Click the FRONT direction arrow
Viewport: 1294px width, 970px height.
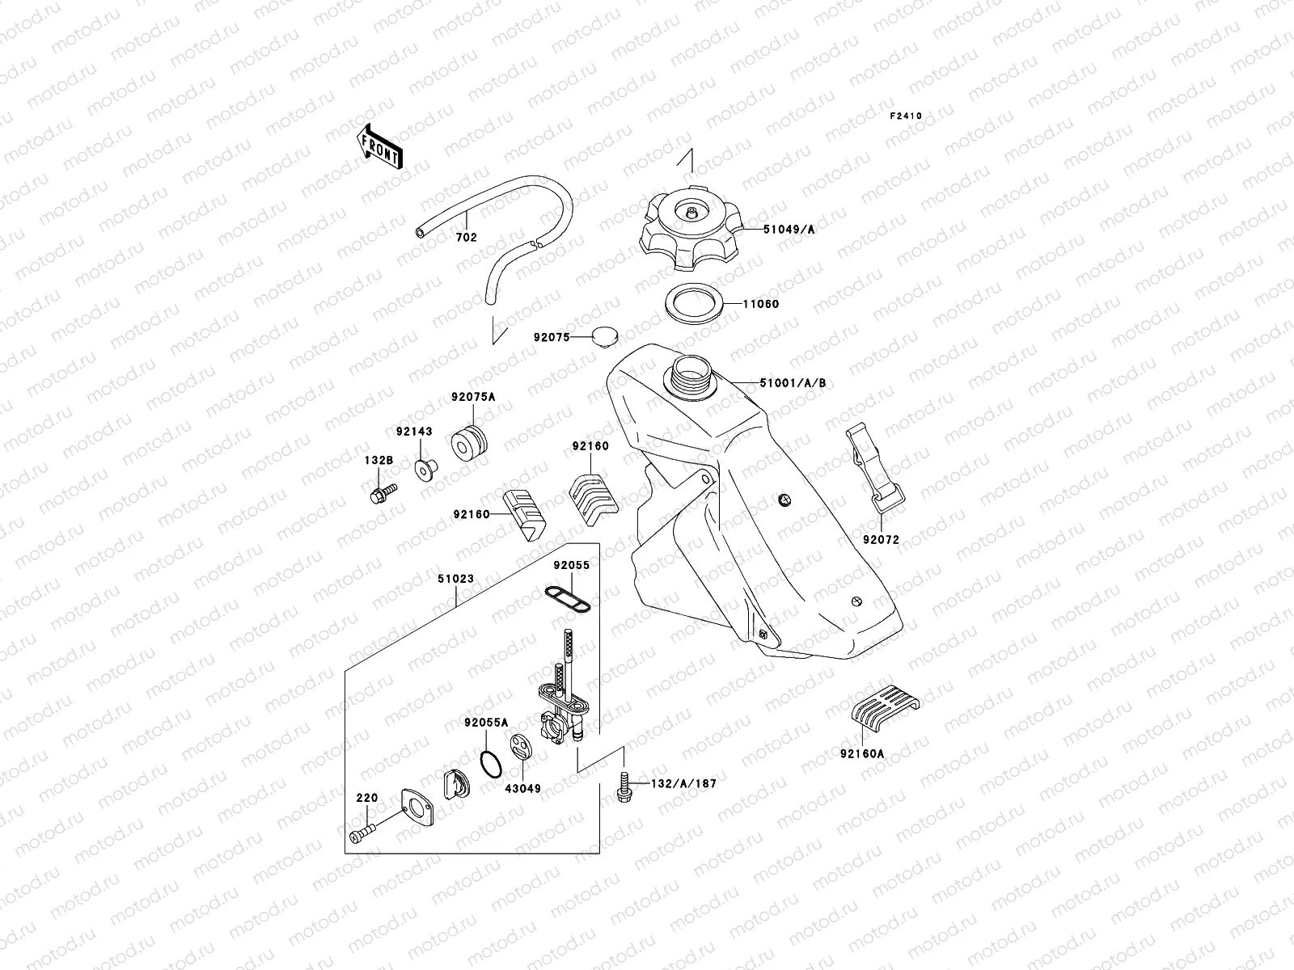click(x=379, y=146)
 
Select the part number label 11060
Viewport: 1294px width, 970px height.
click(x=761, y=305)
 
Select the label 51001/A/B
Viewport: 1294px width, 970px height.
click(x=792, y=382)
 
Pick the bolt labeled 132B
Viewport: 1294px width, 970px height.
click(x=381, y=493)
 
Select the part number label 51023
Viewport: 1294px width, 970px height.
click(x=455, y=580)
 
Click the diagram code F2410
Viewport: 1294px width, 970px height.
click(x=906, y=116)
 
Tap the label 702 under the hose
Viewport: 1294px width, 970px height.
click(x=467, y=238)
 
